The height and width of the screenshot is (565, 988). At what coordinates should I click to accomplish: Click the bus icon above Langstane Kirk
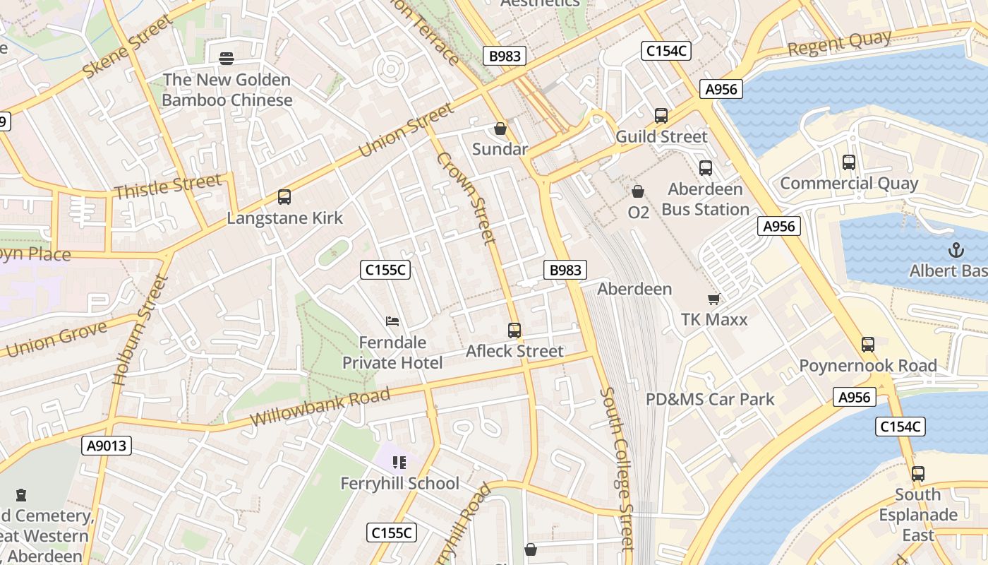tap(284, 197)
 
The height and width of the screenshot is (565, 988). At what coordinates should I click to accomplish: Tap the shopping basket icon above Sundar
tap(500, 129)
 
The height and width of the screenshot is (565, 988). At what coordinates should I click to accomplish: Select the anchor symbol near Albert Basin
tap(956, 250)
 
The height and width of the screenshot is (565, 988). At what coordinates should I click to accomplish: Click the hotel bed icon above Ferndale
tap(392, 322)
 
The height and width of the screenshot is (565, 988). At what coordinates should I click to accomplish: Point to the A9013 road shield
tap(107, 446)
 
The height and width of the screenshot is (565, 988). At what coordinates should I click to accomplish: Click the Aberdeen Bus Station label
tap(705, 199)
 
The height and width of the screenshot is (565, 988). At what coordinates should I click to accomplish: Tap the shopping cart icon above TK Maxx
tap(714, 299)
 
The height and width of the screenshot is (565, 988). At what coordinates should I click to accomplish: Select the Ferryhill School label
tap(399, 484)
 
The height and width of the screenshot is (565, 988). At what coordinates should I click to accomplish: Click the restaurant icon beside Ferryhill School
tap(399, 463)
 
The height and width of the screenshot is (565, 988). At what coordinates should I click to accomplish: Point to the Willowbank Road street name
tap(320, 407)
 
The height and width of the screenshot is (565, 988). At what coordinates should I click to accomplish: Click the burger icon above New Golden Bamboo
tap(227, 58)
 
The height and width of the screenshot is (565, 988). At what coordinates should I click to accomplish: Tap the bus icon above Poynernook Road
tap(868, 345)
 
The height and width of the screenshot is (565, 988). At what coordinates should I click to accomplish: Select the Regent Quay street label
tap(839, 44)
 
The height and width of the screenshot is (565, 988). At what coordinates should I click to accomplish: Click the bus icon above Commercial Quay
tap(849, 162)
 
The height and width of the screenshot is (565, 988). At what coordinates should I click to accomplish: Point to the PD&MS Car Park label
tap(710, 399)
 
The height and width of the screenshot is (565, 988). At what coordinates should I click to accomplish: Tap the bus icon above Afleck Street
tap(514, 330)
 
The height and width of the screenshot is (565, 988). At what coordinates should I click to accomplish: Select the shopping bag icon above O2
tap(638, 191)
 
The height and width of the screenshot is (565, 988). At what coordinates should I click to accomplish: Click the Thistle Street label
tap(167, 187)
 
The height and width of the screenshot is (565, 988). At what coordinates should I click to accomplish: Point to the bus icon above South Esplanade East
tap(917, 473)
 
